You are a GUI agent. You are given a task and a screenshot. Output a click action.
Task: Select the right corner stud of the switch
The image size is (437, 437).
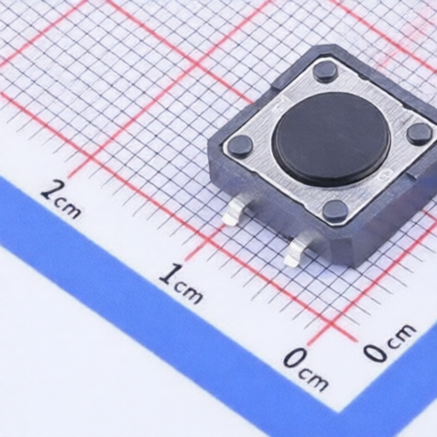[419, 133]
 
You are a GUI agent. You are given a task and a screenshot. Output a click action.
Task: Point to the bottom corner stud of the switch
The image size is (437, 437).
[335, 211]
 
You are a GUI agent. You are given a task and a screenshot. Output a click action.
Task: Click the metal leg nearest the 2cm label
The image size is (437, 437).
[235, 212]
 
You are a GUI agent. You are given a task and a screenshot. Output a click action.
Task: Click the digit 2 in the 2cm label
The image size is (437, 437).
[50, 190]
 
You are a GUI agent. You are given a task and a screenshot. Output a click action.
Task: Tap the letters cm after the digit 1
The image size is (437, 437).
[189, 292]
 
